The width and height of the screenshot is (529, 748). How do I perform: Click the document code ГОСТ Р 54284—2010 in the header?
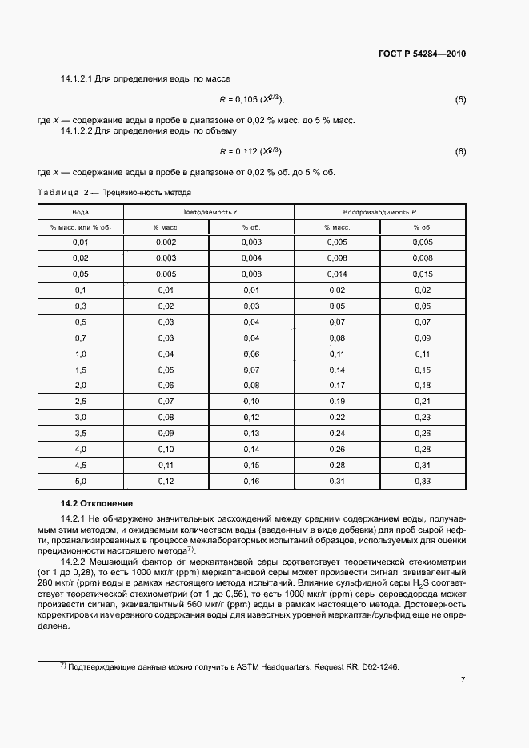click(x=422, y=54)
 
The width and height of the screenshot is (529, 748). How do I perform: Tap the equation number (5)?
click(x=460, y=100)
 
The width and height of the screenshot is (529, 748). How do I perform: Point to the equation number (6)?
click(x=460, y=151)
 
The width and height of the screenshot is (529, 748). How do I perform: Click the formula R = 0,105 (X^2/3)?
click(x=252, y=100)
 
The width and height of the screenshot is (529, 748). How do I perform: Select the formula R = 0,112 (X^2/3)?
click(x=252, y=151)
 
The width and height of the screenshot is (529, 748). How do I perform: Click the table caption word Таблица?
click(x=59, y=193)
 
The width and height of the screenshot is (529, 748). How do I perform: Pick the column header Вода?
click(x=80, y=212)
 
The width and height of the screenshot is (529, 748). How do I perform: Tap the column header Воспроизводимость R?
click(x=380, y=212)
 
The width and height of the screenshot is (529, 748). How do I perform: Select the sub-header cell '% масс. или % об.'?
click(x=80, y=227)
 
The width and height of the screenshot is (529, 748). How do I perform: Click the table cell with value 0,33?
click(x=423, y=481)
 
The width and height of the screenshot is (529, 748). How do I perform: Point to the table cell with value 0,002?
click(x=166, y=242)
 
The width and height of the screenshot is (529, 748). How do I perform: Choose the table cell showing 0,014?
click(x=337, y=274)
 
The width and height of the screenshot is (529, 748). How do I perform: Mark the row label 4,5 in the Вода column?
click(x=80, y=465)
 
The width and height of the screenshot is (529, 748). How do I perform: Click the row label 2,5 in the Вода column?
click(x=80, y=401)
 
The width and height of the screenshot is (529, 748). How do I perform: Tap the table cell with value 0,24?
click(x=337, y=433)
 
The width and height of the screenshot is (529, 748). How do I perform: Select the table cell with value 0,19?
click(x=337, y=401)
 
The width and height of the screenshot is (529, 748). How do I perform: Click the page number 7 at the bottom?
click(x=463, y=680)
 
